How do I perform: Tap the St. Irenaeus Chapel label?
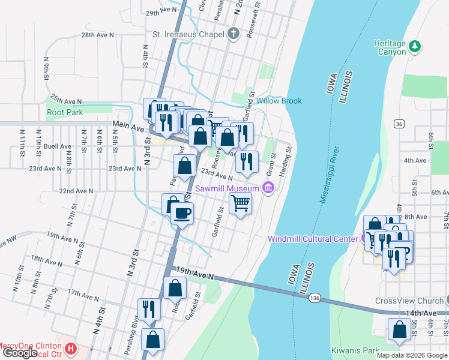pos(188,34)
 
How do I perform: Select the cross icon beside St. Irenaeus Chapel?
pos(234,34)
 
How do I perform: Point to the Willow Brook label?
pos(279,101)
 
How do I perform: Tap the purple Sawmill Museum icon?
pos(269,189)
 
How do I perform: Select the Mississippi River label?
pos(330,174)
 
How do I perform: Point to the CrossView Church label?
pos(408,301)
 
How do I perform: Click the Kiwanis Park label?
pos(355,349)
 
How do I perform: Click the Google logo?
pos(20,353)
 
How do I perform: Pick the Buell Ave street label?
pos(57,146)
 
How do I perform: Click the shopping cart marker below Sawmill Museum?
pos(240,204)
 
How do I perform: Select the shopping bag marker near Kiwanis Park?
pos(399,330)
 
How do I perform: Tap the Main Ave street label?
pos(128,127)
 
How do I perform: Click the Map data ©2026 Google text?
pos(411,355)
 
